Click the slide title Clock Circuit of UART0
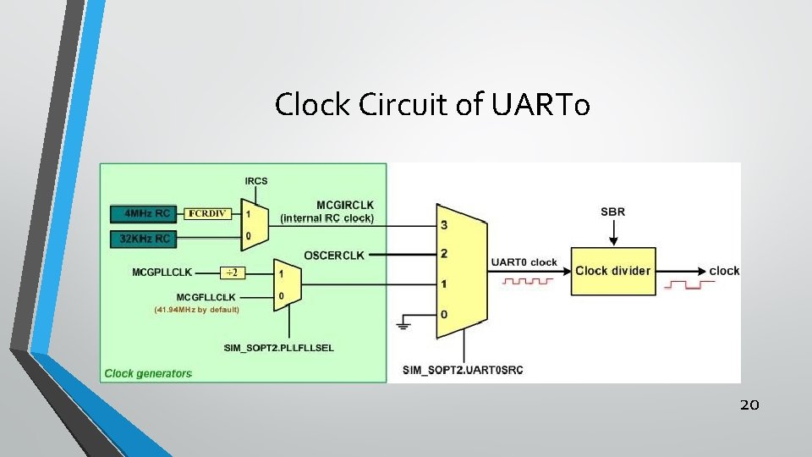(432, 104)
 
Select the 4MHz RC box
(147, 213)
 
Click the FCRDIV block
(207, 213)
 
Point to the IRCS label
(255, 180)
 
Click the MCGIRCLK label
(344, 205)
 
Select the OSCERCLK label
(333, 255)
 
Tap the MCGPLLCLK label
(162, 273)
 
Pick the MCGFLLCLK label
(206, 297)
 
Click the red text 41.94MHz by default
(196, 310)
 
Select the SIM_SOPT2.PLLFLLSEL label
(278, 348)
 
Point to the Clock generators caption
(148, 373)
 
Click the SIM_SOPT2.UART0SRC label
(463, 370)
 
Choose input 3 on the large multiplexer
(444, 224)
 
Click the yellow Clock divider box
(613, 271)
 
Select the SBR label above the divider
(612, 211)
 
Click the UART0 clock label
(524, 262)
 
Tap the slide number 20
(749, 405)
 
